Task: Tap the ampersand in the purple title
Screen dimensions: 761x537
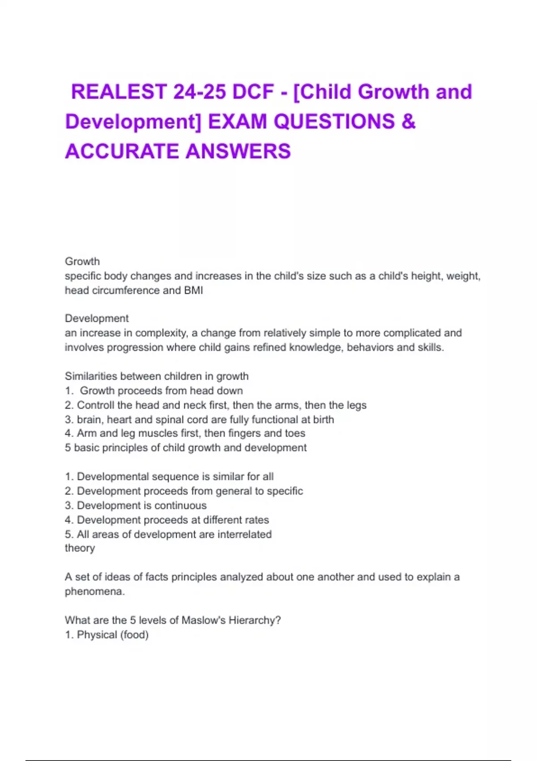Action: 409,121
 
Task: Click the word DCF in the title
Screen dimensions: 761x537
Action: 253,92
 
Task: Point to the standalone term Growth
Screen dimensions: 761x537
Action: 82,261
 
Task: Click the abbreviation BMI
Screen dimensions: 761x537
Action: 193,291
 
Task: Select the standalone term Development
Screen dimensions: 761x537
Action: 97,318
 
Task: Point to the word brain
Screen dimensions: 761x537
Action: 89,420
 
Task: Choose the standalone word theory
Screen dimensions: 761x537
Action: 80,548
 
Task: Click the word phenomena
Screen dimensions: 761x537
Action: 94,592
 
